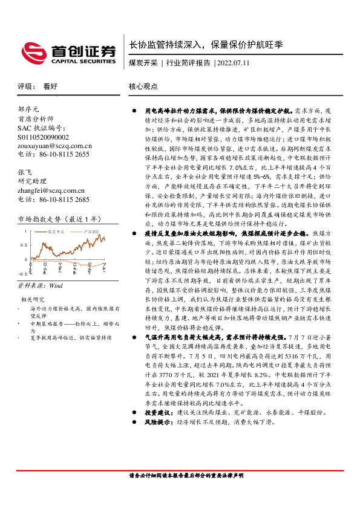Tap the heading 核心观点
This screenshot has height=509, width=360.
pos(142,86)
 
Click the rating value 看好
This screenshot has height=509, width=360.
pos(50,86)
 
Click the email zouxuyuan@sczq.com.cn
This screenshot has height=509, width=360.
pos(54,146)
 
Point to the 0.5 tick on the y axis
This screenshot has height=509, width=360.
pos(24,245)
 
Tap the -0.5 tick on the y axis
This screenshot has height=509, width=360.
pos(22,273)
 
